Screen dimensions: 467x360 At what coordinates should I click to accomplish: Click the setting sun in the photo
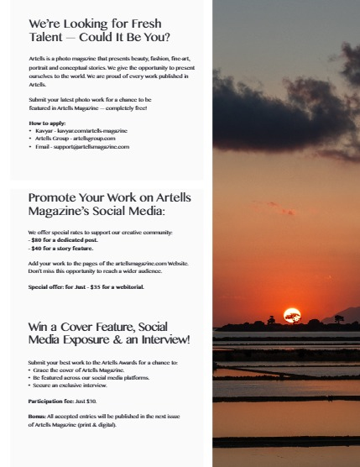(x=292, y=314)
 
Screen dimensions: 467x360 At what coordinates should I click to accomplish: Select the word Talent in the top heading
(x=49, y=37)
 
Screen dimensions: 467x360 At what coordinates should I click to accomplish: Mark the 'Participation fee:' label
(x=50, y=401)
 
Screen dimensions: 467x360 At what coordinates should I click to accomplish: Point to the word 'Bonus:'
(x=38, y=417)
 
